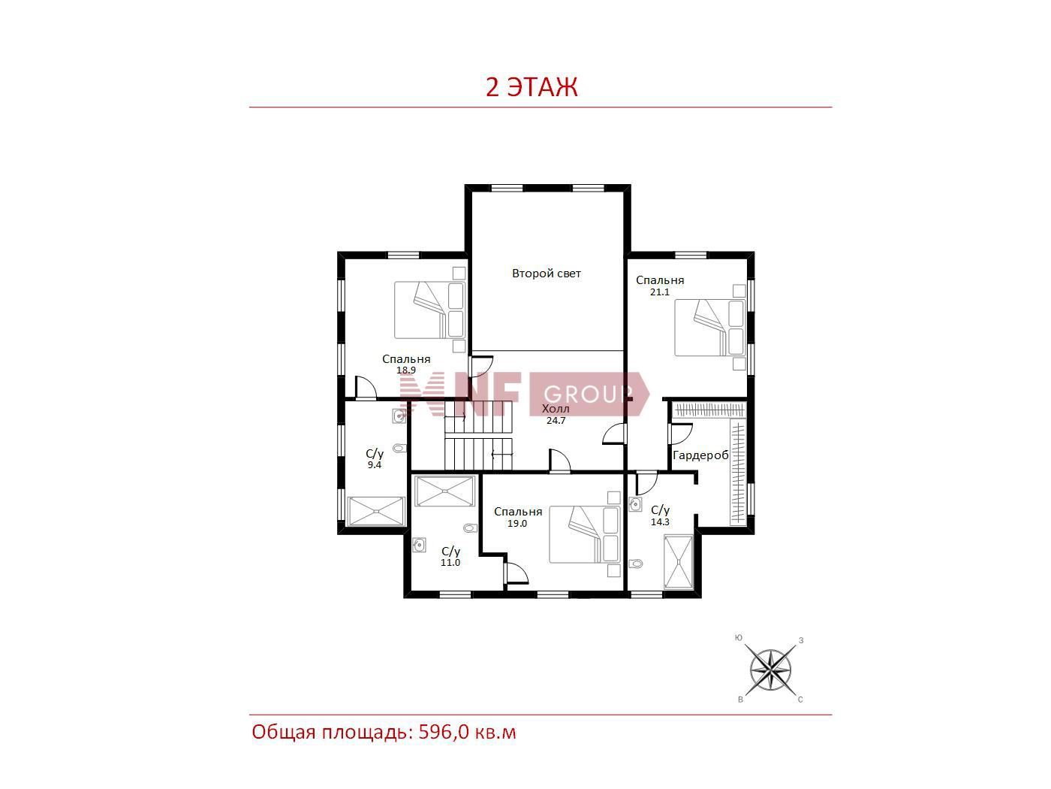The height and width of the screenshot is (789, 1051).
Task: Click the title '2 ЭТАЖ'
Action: pos(532,87)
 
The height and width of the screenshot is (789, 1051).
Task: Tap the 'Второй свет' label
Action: pos(547,274)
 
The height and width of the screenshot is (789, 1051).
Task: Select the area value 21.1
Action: pos(659,292)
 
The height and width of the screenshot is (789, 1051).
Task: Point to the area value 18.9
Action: pos(405,370)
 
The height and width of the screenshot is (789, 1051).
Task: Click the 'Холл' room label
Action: pos(556,409)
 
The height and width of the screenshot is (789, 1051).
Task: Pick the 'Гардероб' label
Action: pos(700,455)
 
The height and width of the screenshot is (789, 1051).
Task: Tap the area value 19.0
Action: pos(517,524)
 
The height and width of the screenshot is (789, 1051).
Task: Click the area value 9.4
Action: pos(374,464)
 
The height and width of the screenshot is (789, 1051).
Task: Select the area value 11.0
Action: pos(450,562)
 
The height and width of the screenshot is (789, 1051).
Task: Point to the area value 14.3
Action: pos(660,521)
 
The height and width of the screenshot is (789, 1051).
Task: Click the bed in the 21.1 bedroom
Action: pos(709,328)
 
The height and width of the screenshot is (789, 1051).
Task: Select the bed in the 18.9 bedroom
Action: pos(429,310)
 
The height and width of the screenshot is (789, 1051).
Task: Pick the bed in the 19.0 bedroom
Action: pos(585,534)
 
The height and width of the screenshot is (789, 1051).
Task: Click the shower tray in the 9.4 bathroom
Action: pos(376,512)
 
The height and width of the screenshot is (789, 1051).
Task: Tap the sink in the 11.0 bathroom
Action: pos(419,546)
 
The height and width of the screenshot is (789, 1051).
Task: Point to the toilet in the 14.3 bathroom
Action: pos(635,564)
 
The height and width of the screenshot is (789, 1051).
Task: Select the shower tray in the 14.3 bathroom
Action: pos(678,562)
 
